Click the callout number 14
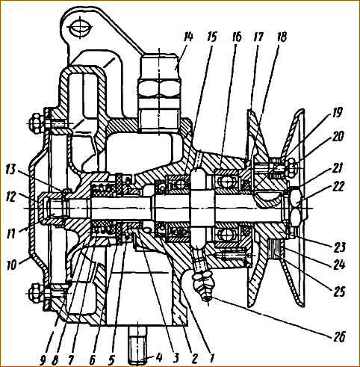click(x=187, y=37)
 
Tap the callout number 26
click(x=338, y=337)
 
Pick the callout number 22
click(x=338, y=187)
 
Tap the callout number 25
click(x=338, y=291)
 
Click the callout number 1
click(x=211, y=359)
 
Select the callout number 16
click(x=236, y=37)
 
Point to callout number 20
click(x=338, y=136)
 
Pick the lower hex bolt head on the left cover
click(x=35, y=293)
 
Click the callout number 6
click(x=92, y=360)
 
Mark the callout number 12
click(x=11, y=197)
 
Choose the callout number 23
click(x=339, y=247)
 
